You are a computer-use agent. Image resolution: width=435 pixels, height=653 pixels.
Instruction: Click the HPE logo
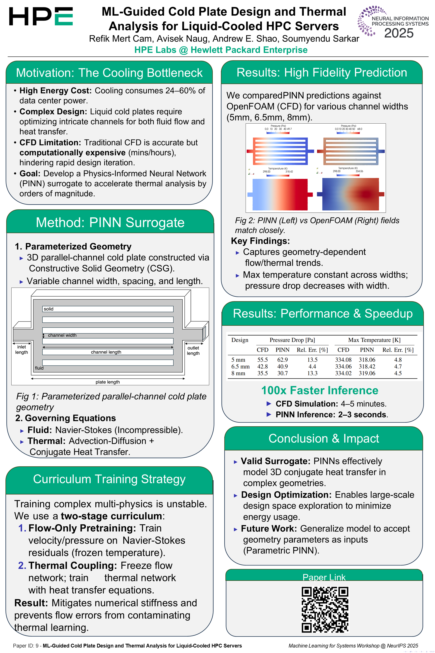click(x=41, y=16)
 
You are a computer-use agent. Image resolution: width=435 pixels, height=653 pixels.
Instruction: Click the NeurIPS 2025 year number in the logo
click(x=399, y=33)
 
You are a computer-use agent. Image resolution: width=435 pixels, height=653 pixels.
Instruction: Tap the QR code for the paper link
click(x=325, y=609)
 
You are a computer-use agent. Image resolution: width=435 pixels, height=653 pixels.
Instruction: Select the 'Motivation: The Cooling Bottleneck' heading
click(x=109, y=73)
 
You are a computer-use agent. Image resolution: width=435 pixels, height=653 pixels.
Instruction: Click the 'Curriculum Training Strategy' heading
click(x=109, y=479)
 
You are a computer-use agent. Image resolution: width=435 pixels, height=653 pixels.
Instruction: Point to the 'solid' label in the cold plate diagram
click(x=48, y=309)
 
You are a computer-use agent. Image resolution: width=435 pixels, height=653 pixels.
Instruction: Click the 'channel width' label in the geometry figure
click(x=62, y=335)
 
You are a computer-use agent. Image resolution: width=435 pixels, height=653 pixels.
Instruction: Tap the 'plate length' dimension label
click(x=108, y=382)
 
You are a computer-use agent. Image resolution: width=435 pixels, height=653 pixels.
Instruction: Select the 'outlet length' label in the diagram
click(x=193, y=350)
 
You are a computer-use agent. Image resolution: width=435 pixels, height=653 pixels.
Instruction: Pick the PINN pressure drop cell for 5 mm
click(x=283, y=360)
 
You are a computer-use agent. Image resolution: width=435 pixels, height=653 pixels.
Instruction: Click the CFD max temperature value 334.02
click(x=343, y=373)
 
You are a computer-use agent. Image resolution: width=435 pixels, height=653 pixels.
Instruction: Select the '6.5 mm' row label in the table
click(x=240, y=366)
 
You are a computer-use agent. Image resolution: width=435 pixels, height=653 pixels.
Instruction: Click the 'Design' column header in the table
click(x=240, y=340)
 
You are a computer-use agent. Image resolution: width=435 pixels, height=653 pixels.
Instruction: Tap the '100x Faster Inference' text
click(x=320, y=390)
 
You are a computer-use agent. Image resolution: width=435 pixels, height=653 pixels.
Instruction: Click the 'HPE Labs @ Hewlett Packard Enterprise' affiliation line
click(x=221, y=50)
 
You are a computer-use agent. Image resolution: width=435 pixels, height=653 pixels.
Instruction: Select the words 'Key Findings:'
click(x=260, y=241)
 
